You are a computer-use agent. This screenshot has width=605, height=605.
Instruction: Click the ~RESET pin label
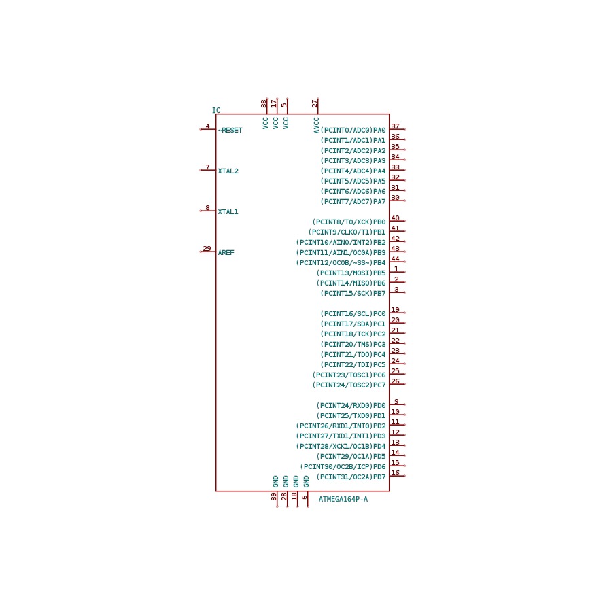(230, 131)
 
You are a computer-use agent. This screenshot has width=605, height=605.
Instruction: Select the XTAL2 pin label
(228, 171)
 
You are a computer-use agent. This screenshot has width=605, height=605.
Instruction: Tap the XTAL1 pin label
(228, 212)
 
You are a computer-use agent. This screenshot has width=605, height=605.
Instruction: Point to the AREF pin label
(226, 252)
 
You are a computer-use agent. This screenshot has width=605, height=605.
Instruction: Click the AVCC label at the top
(316, 125)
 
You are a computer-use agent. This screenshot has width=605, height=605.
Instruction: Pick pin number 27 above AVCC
(315, 103)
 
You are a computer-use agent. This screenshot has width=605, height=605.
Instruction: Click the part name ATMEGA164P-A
(343, 499)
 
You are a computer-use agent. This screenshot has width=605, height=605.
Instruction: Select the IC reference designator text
(216, 110)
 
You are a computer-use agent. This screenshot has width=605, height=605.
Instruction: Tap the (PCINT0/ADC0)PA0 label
(353, 131)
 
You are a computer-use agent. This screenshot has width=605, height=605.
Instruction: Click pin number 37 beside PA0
(395, 126)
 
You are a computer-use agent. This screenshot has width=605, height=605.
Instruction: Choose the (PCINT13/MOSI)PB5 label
(351, 273)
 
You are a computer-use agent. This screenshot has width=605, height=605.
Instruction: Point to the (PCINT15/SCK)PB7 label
(353, 293)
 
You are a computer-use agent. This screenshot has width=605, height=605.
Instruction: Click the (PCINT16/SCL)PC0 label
(353, 313)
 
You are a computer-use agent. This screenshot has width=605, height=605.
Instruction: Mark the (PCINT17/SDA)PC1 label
(353, 324)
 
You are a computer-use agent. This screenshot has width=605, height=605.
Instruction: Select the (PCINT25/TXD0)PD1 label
(351, 415)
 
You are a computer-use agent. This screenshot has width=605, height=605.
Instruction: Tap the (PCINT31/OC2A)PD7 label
(351, 477)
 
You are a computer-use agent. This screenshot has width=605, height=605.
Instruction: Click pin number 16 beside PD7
(395, 472)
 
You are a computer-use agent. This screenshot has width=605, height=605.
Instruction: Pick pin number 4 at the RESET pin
(207, 126)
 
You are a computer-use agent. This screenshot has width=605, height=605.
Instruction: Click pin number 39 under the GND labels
(274, 497)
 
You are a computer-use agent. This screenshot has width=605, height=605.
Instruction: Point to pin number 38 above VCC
(264, 103)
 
